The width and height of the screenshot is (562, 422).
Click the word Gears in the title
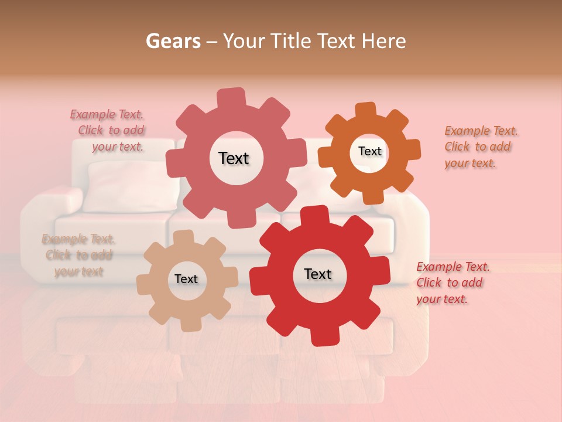pos(173,41)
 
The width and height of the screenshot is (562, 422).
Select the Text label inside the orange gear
pos(369,151)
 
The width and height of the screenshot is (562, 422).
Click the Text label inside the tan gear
pos(186,280)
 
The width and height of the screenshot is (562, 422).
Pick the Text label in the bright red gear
pos(318,274)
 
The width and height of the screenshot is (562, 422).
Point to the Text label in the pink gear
pos(234,158)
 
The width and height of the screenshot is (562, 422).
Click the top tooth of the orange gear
pos(366,110)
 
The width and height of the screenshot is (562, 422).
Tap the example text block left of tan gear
pos(78,255)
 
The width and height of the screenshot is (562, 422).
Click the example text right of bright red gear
pos(452,283)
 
